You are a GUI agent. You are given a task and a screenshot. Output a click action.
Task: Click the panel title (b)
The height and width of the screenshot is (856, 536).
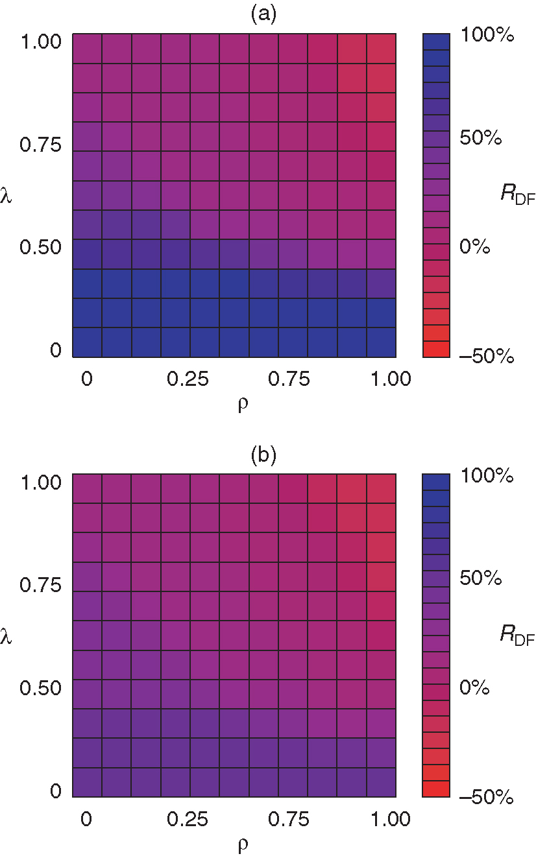(x=263, y=456)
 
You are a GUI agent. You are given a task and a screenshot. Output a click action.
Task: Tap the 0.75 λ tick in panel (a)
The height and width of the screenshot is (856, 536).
(x=40, y=144)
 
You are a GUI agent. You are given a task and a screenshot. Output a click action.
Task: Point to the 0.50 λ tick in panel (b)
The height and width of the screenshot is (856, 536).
(x=40, y=687)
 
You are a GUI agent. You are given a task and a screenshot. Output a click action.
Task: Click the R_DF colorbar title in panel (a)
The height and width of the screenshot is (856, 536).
(x=517, y=195)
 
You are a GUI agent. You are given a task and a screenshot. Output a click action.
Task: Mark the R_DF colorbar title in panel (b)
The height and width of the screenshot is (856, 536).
(x=517, y=635)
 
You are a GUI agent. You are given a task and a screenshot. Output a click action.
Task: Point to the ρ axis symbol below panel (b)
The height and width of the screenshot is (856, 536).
(x=243, y=845)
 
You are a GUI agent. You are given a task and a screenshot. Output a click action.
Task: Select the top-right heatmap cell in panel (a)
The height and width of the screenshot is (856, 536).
(x=381, y=49)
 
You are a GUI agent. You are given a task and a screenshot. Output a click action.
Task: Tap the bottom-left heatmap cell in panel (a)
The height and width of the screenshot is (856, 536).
(x=87, y=342)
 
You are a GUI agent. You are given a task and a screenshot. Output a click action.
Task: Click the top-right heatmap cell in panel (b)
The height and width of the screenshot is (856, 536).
(x=381, y=488)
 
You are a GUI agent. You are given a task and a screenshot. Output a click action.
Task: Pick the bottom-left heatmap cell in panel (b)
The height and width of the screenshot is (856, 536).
(x=87, y=782)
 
